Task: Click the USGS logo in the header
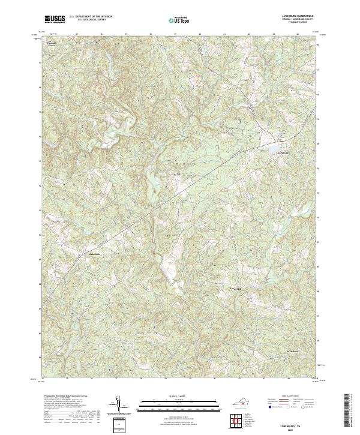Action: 55,19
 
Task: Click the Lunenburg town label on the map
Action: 281,152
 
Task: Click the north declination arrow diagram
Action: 120,405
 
